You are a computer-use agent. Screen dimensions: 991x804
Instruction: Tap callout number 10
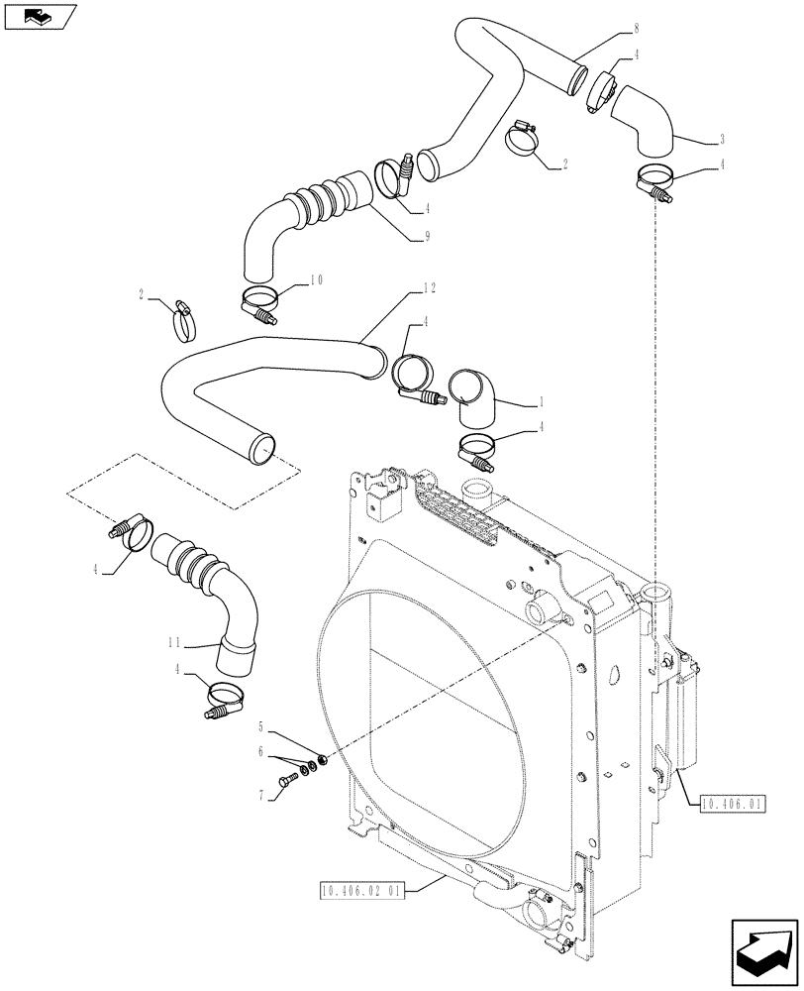tap(317, 280)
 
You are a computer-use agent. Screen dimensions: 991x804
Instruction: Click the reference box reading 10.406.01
tap(731, 804)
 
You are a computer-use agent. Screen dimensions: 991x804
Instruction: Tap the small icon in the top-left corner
tap(39, 16)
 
